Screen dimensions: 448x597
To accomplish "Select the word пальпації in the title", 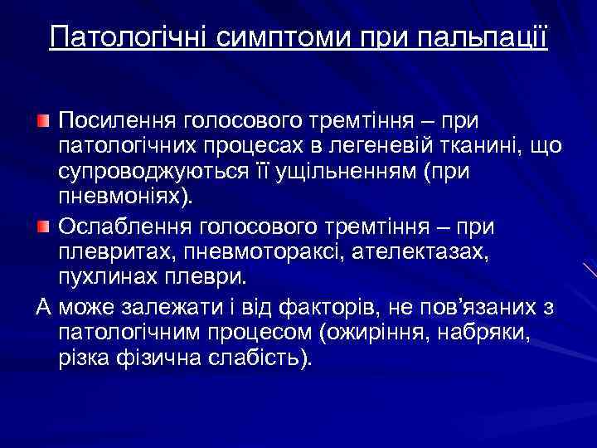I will click(495, 37).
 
